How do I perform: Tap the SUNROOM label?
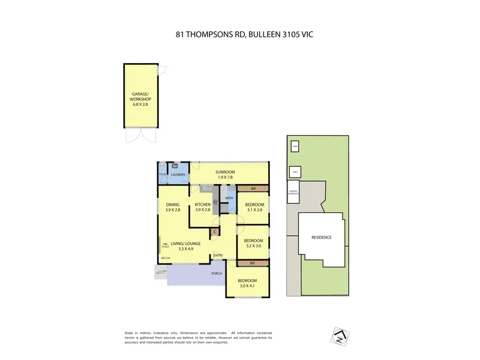(x=226, y=172)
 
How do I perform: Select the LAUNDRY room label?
(x=178, y=175)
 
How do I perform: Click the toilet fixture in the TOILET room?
(x=162, y=167)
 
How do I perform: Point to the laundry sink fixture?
(x=175, y=166)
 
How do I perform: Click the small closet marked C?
(x=214, y=232)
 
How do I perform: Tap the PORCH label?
(x=216, y=274)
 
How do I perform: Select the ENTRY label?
(x=218, y=256)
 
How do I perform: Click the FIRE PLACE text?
(x=165, y=245)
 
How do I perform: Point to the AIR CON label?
(x=166, y=258)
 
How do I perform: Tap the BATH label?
(x=229, y=198)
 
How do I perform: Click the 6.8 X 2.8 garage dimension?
(x=140, y=104)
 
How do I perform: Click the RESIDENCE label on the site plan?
(x=321, y=237)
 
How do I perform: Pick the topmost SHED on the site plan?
(x=295, y=146)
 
